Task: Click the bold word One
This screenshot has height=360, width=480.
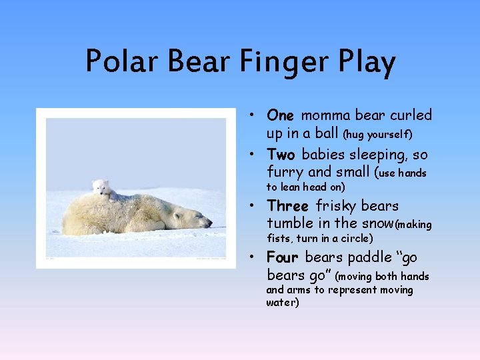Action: [281, 115]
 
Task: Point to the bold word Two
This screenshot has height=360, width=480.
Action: [281, 155]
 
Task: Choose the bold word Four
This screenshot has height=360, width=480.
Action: [283, 257]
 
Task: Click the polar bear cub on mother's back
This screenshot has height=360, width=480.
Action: [101, 188]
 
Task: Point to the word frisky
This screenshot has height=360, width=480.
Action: [337, 206]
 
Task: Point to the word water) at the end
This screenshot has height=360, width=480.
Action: [283, 303]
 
